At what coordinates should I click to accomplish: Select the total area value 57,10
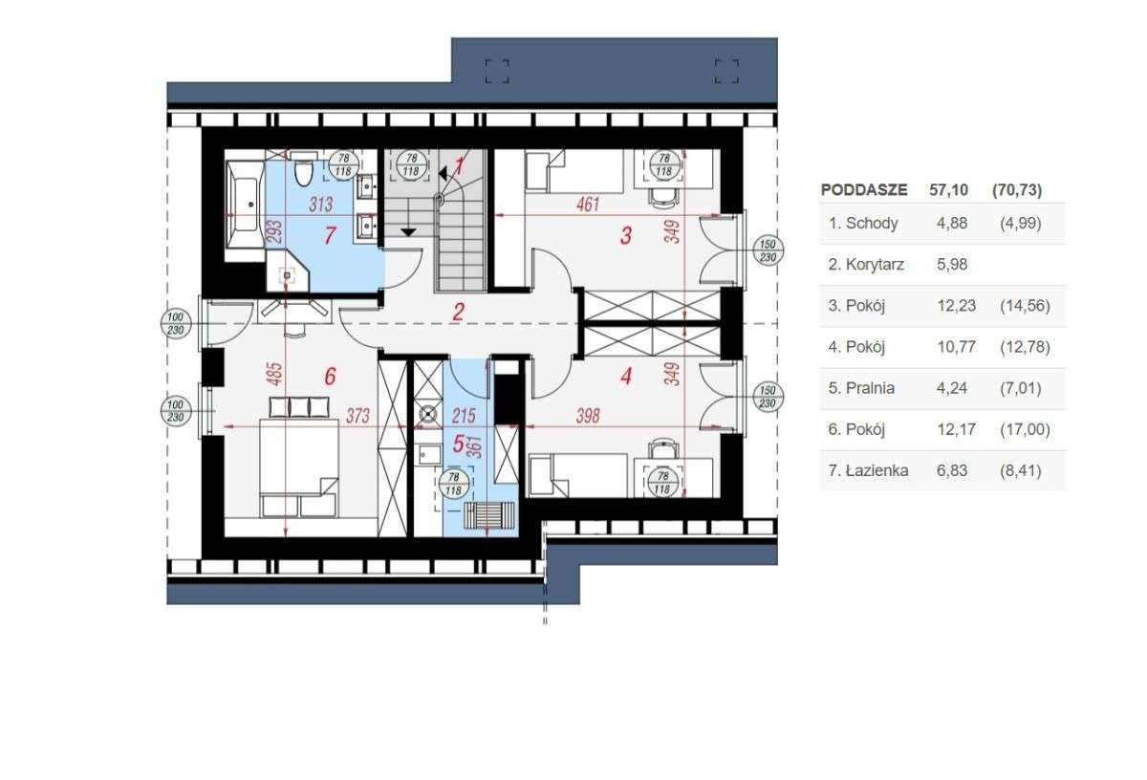click(948, 190)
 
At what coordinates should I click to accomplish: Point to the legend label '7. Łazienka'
click(869, 470)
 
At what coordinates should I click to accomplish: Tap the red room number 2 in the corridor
click(459, 311)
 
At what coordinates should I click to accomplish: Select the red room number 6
click(330, 377)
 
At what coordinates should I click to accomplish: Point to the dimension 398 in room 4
click(591, 415)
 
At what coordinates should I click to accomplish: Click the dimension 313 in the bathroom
click(322, 204)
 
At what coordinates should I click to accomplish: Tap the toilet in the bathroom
click(304, 172)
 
